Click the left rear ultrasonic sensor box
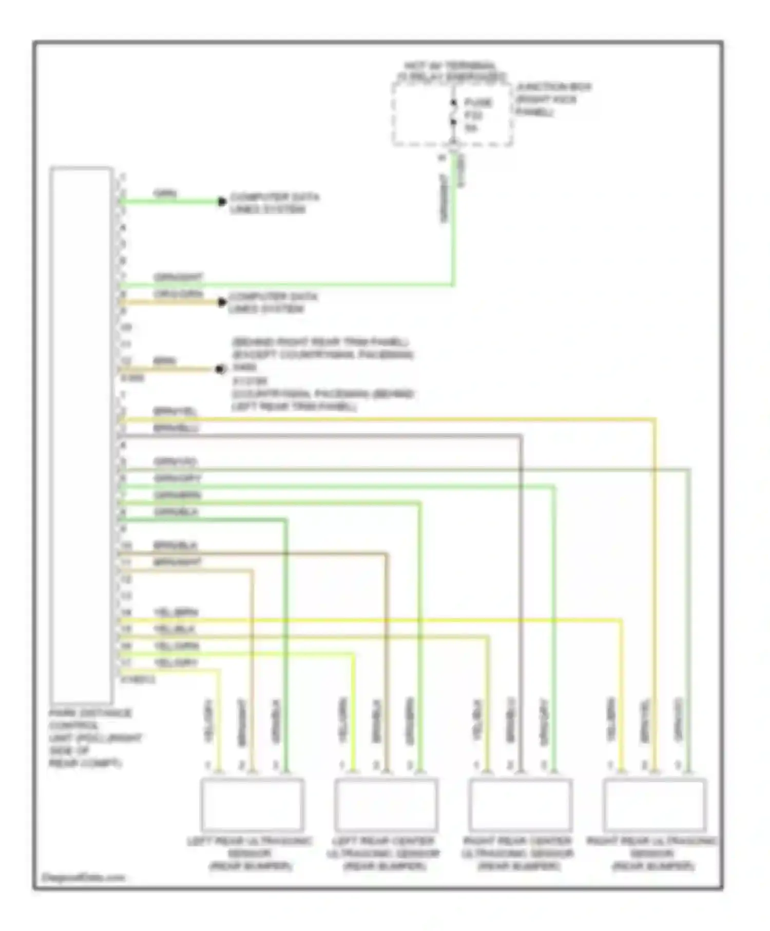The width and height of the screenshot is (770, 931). (x=252, y=804)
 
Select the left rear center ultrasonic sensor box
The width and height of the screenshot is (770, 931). (x=386, y=804)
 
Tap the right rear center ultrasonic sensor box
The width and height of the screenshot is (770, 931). (x=520, y=804)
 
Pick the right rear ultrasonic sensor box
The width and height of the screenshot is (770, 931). (x=654, y=804)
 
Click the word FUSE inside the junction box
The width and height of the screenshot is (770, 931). (x=478, y=103)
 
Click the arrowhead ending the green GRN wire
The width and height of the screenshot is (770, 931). (x=222, y=202)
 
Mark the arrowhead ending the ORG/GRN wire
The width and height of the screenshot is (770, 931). (x=222, y=302)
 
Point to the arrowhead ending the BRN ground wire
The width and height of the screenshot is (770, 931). (x=220, y=369)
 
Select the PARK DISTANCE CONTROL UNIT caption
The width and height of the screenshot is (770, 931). (x=90, y=738)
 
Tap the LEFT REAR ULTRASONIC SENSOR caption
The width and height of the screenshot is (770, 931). (x=250, y=854)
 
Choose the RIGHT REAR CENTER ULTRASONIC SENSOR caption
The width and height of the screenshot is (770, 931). (x=517, y=854)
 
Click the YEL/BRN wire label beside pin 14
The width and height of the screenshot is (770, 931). (x=176, y=613)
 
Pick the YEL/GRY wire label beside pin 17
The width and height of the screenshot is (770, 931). (x=176, y=663)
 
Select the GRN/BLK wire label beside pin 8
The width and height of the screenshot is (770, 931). (x=176, y=512)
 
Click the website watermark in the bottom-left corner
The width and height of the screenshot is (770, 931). (x=83, y=877)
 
